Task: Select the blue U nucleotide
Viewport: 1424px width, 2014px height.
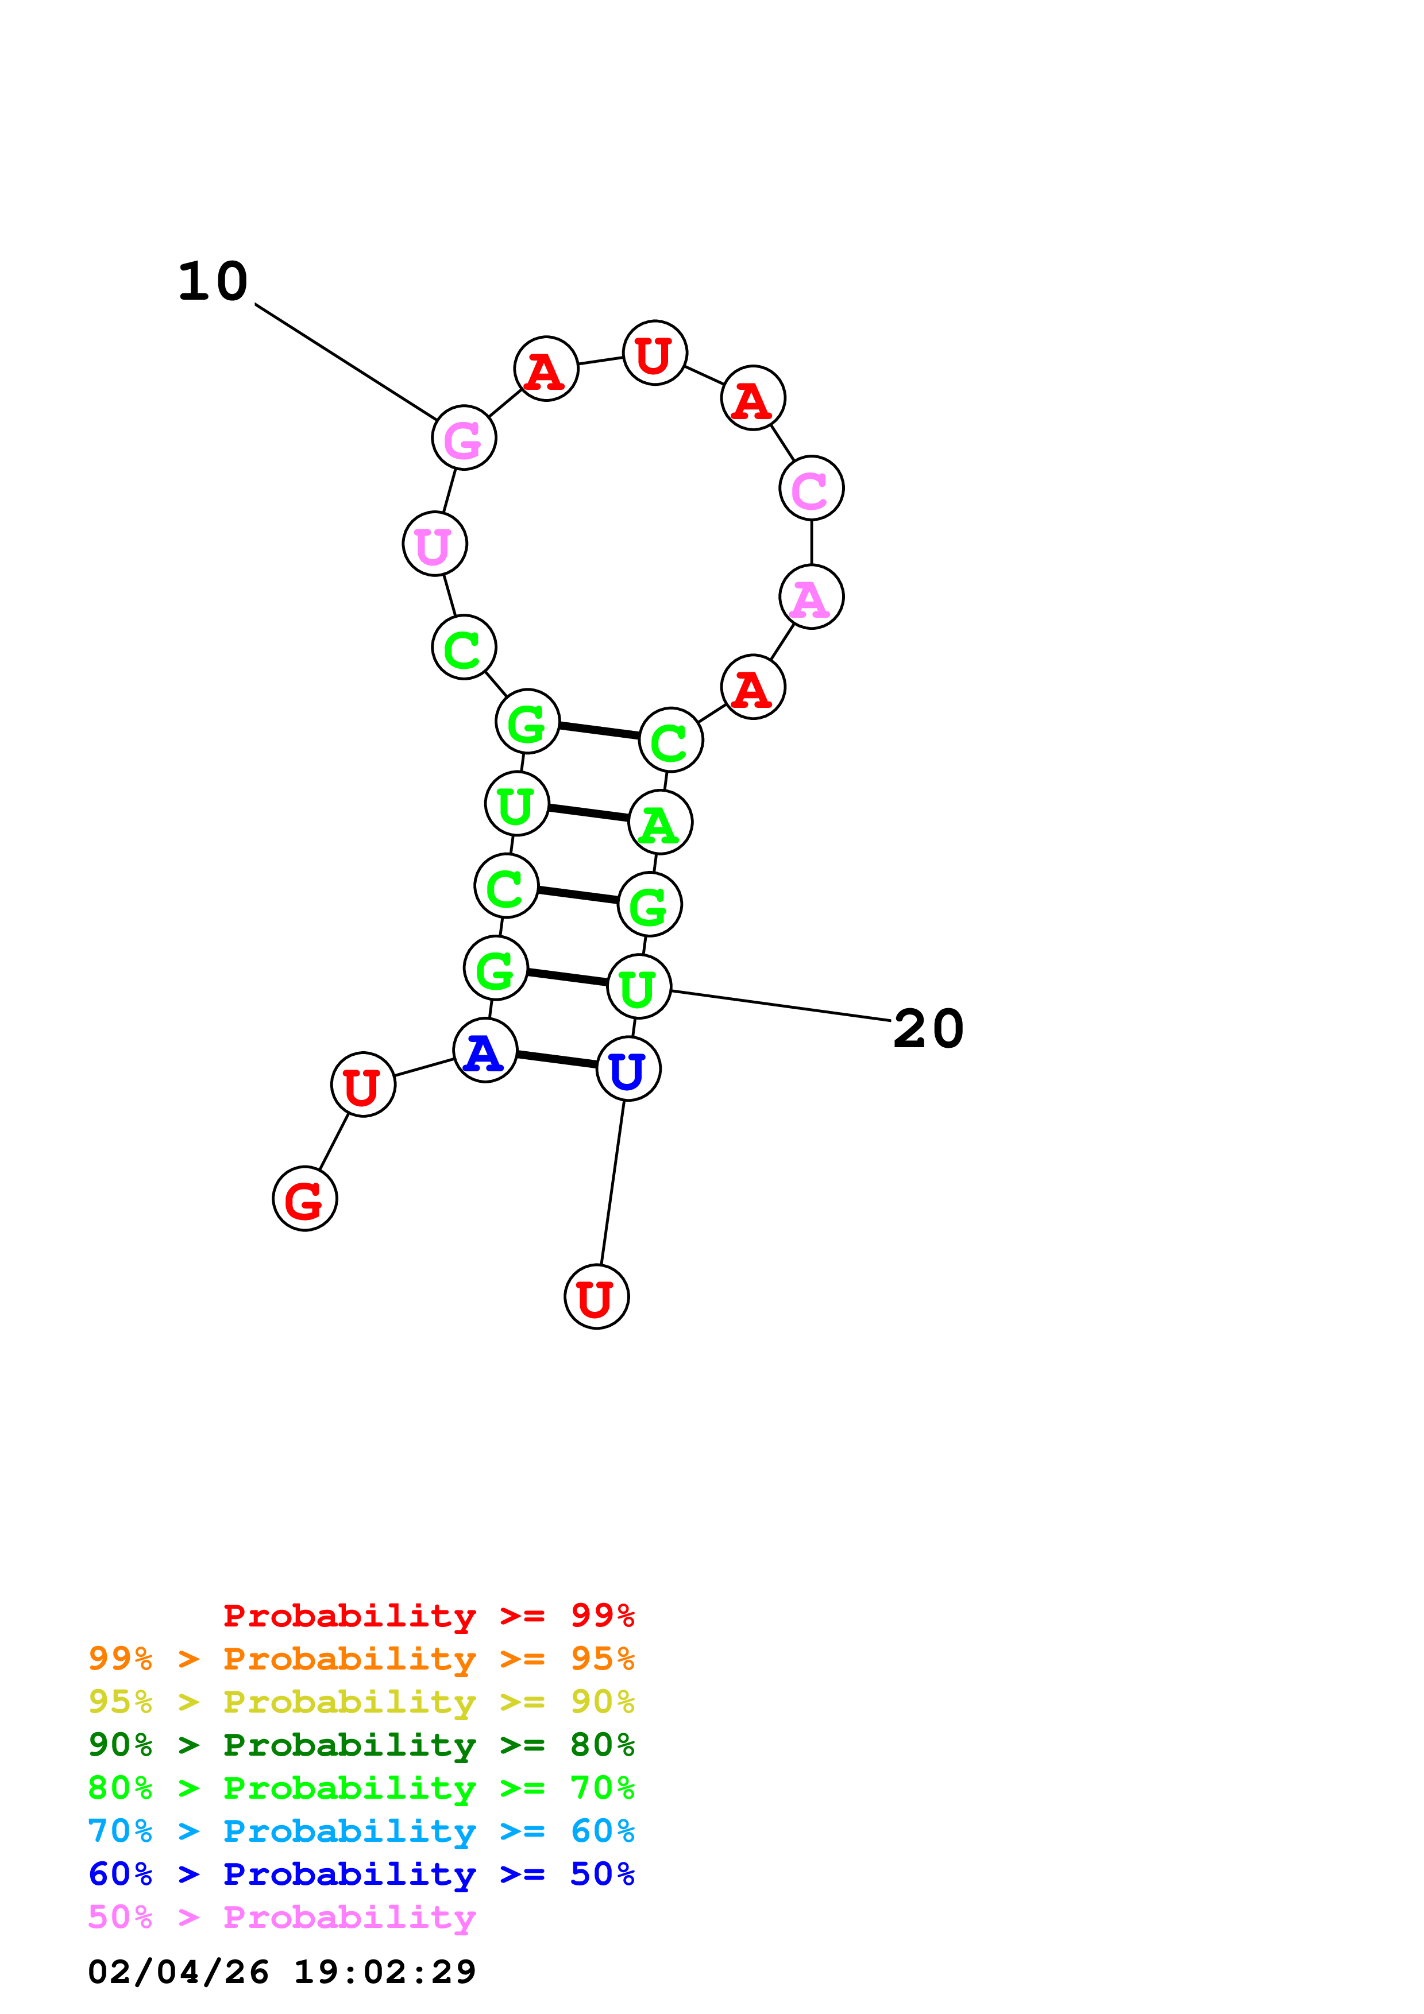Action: [628, 1068]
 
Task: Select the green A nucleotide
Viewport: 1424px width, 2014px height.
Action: [660, 822]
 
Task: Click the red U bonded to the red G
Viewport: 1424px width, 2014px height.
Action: [362, 1084]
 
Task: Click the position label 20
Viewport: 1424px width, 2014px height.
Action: [928, 1028]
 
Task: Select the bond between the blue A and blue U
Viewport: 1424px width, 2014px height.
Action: [556, 1060]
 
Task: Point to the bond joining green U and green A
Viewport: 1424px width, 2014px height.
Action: [589, 813]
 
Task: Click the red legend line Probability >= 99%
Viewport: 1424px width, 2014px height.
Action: [428, 1615]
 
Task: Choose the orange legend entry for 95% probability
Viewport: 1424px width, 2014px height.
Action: [361, 1658]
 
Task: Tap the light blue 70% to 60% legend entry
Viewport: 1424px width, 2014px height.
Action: [361, 1831]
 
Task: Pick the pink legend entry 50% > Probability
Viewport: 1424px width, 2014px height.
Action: [281, 1916]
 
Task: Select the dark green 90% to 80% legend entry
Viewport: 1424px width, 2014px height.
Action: [361, 1745]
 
